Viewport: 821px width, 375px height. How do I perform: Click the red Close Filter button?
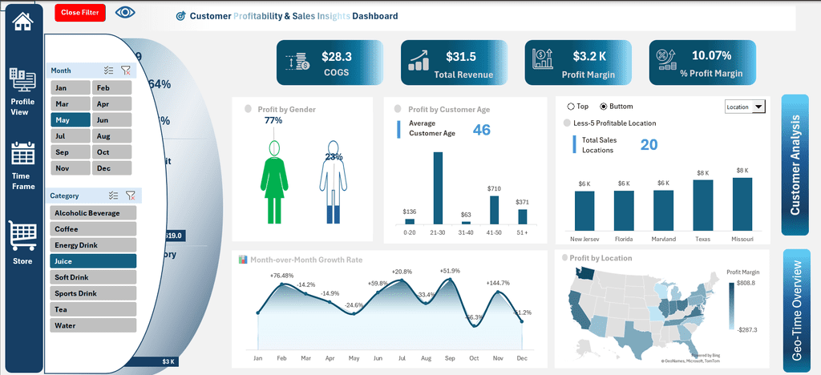click(x=80, y=13)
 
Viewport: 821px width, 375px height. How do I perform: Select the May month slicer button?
click(x=71, y=120)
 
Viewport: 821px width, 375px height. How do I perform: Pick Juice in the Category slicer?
click(x=92, y=261)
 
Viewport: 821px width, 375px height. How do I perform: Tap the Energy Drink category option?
click(x=92, y=245)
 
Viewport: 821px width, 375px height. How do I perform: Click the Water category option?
click(x=92, y=326)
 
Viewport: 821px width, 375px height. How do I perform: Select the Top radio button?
click(x=571, y=106)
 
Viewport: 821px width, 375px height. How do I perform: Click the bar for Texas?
click(x=703, y=205)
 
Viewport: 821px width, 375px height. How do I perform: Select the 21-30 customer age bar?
click(x=438, y=187)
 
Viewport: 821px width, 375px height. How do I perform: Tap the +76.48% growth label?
click(x=282, y=276)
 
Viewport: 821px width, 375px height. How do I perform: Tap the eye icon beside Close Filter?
click(x=125, y=13)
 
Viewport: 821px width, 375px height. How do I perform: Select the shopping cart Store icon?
click(x=22, y=236)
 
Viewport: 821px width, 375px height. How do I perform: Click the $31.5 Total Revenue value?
click(x=460, y=57)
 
